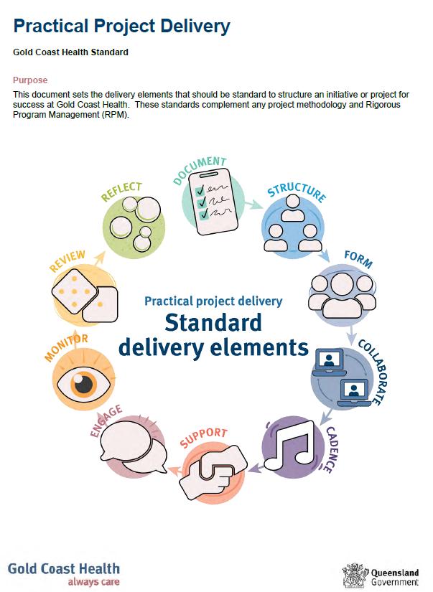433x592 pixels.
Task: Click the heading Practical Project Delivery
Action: coord(121,27)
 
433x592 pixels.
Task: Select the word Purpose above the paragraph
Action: coord(30,80)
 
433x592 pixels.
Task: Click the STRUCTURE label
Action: coord(297,192)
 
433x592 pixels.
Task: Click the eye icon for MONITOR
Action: coord(84,381)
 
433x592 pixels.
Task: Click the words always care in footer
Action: coord(93,582)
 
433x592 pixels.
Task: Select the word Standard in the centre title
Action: coord(213,324)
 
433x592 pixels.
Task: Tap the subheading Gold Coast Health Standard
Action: coord(71,52)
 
